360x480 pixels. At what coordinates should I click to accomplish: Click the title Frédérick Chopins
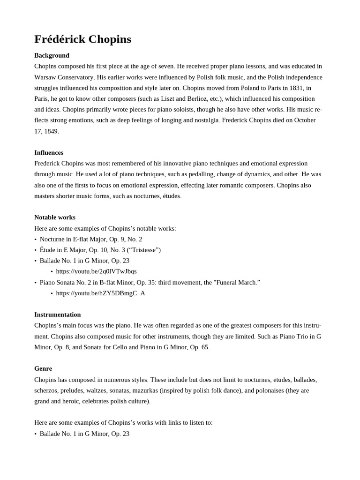click(x=82, y=39)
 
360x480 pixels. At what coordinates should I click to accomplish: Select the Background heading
click(x=52, y=55)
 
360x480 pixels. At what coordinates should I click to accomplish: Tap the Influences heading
click(x=49, y=153)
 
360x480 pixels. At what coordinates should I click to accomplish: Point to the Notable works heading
click(x=55, y=217)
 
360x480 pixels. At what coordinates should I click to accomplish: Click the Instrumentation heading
click(x=58, y=315)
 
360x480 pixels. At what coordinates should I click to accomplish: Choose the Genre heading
click(x=43, y=369)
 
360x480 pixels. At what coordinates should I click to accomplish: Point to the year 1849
click(x=51, y=131)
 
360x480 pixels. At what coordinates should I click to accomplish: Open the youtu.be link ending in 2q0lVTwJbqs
click(x=96, y=271)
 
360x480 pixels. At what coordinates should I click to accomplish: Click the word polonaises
click(x=263, y=390)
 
